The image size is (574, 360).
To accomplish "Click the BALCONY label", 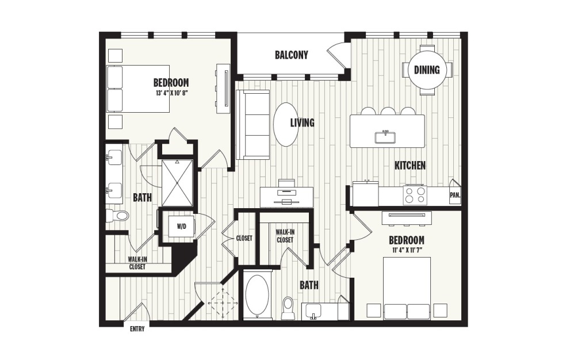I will pyautogui.click(x=291, y=55).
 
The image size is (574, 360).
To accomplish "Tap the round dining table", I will pyautogui.click(x=427, y=70).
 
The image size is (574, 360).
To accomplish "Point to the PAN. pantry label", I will pyautogui.click(x=455, y=195).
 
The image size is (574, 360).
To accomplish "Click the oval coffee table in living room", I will pyautogui.click(x=285, y=124).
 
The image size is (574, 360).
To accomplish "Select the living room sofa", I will pyautogui.click(x=252, y=125).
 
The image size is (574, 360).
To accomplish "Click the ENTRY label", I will pyautogui.click(x=136, y=329).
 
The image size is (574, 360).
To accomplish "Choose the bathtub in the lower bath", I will pyautogui.click(x=257, y=296).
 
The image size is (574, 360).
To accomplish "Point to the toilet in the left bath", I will pyautogui.click(x=118, y=216).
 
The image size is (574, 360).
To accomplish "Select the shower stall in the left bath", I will pyautogui.click(x=177, y=182).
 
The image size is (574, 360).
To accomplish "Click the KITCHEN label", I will pyautogui.click(x=410, y=166).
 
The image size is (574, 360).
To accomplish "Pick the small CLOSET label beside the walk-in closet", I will pyautogui.click(x=243, y=238).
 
